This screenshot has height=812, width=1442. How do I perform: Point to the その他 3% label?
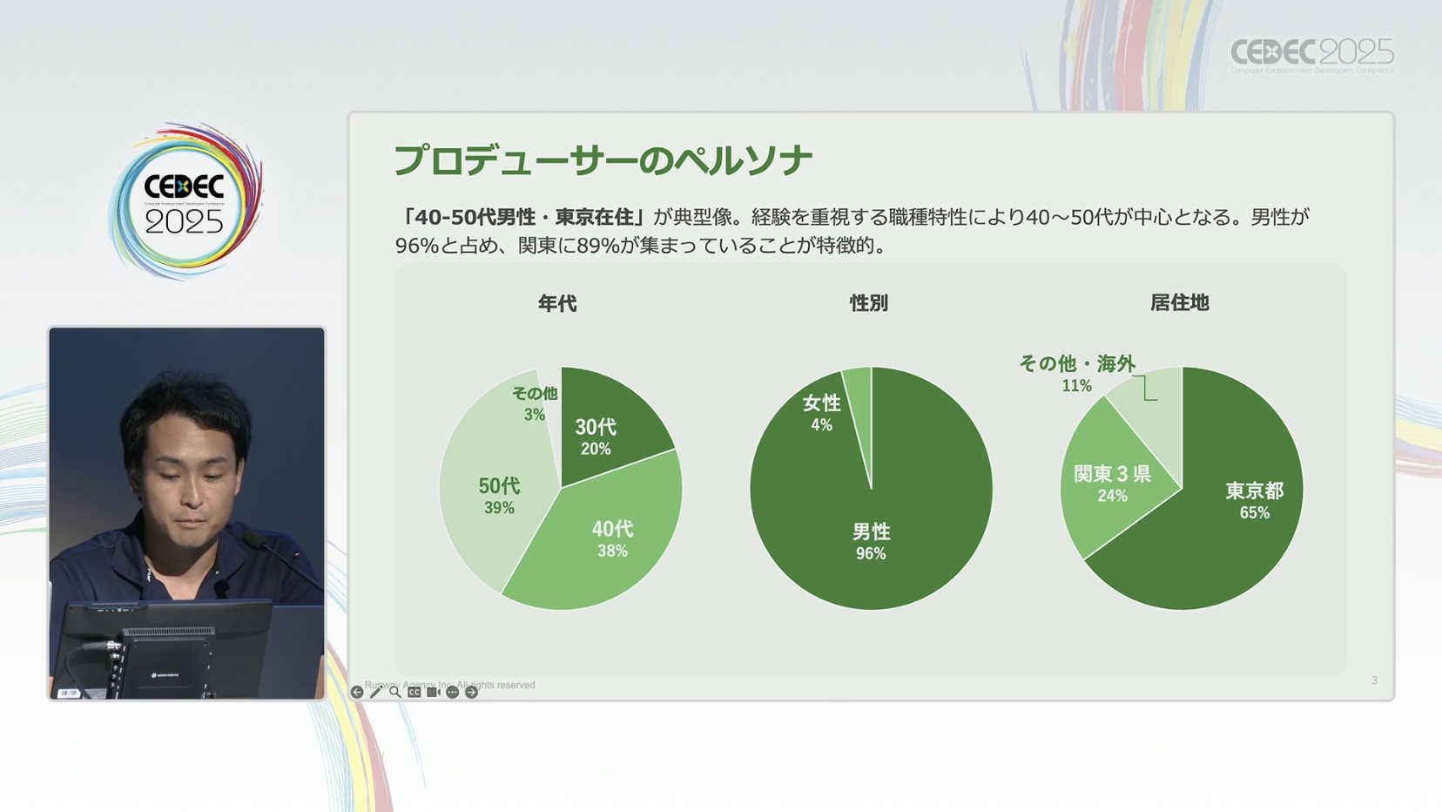[x=535, y=403]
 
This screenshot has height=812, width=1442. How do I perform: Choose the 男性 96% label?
[x=871, y=541]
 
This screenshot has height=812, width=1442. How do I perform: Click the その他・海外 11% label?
[x=1077, y=372]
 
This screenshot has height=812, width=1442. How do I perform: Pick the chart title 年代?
[x=557, y=303]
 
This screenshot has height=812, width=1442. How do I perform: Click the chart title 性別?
[x=869, y=303]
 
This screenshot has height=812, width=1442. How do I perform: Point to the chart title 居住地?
[x=1179, y=302]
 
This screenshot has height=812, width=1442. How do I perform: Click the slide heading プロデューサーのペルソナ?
[x=603, y=161]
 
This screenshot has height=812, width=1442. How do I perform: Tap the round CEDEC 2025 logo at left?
[x=185, y=201]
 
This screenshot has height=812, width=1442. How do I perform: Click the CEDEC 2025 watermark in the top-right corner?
[x=1311, y=55]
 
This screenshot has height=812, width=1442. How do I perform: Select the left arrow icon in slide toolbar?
[x=357, y=693]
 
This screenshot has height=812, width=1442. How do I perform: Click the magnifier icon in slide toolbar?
[x=395, y=693]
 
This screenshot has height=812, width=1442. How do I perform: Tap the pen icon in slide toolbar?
[x=376, y=693]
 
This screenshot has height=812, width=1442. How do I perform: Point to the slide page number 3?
[x=1374, y=680]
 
